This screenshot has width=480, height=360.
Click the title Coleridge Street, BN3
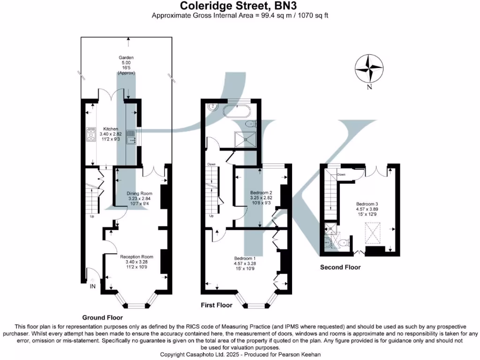pos(238,6)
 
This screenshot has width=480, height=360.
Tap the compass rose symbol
pos(369,68)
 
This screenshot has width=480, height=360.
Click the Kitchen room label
pos(111,129)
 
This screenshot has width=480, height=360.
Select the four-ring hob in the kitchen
pos(91,135)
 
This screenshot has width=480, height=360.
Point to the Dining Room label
pos(139,194)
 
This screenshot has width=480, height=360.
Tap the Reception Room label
pos(136,257)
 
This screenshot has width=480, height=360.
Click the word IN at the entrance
pos(92,286)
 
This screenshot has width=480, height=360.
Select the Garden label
pos(126,58)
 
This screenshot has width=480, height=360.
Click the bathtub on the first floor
pos(237,111)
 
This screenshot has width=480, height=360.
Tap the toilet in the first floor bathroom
pos(251,124)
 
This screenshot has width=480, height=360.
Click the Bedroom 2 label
pos(261,193)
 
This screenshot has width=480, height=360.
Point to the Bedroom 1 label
pos(245,258)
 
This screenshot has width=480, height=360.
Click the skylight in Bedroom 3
pos(374,233)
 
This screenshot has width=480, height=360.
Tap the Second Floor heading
pos(340,267)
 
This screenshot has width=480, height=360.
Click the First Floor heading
pos(217,305)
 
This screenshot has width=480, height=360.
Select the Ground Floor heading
pos(103,318)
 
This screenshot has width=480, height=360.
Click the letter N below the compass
pos(369,87)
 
